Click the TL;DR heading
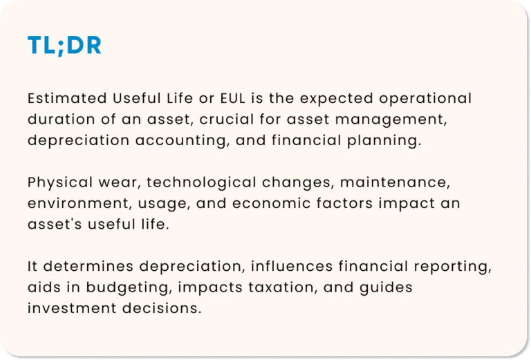point(64,46)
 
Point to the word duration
point(57,119)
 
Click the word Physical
point(59,182)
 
